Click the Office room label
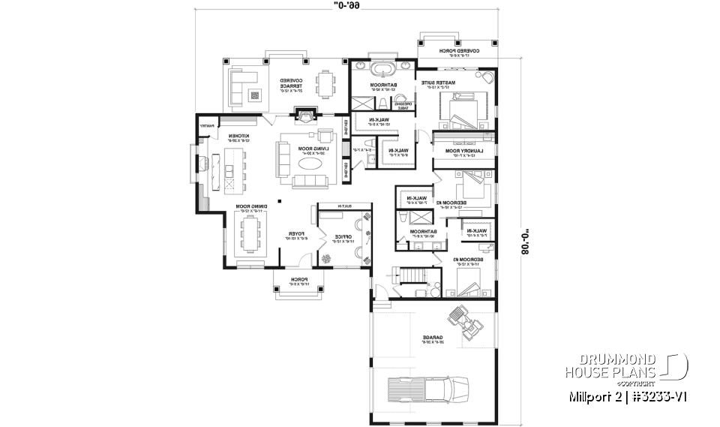[343, 239]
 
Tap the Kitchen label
[238, 138]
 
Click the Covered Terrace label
[291, 84]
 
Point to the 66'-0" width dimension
[345, 6]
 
